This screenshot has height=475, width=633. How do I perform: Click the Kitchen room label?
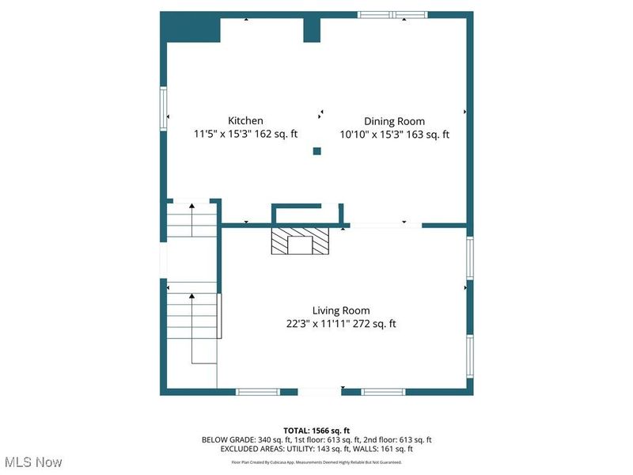click(x=245, y=121)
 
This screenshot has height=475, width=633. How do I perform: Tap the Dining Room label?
click(x=394, y=121)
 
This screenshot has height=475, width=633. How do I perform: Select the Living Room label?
click(x=340, y=310)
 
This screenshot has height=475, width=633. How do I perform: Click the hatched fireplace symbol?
click(x=300, y=242)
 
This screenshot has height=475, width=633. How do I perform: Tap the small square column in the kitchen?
click(x=317, y=151)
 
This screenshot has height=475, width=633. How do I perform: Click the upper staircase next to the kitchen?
click(x=191, y=219)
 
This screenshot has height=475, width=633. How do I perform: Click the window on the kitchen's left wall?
click(x=164, y=108)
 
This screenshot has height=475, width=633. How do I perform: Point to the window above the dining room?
click(x=392, y=14)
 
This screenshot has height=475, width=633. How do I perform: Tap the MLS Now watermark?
click(x=32, y=462)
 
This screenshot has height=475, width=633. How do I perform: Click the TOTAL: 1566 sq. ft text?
click(x=316, y=430)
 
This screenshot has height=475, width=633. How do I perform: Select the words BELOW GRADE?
click(x=228, y=439)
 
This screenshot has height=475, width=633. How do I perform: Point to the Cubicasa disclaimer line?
click(x=316, y=462)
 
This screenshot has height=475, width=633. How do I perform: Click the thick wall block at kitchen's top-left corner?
click(x=180, y=29)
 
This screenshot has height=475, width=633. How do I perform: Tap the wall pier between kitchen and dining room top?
click(x=312, y=28)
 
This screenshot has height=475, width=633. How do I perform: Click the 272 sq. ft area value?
click(x=377, y=324)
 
